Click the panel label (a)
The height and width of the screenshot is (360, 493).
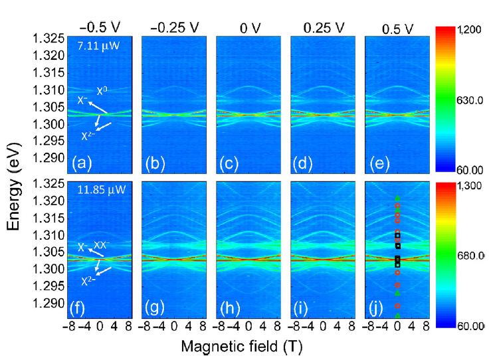click(84, 161)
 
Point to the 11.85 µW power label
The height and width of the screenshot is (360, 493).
click(96, 190)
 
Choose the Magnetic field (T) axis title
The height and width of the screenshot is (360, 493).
click(242, 347)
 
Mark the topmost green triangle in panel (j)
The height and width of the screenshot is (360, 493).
click(397, 197)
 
